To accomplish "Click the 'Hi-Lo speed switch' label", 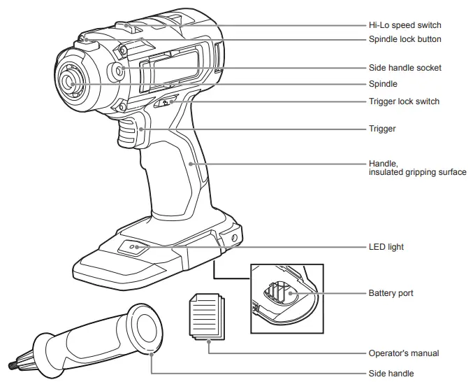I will [x=405, y=25].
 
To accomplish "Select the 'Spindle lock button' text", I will [x=405, y=39].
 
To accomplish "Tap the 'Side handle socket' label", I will [x=405, y=68].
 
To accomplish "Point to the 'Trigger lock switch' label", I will [x=404, y=101].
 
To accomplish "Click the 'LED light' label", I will [x=386, y=247].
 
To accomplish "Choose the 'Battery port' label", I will [x=391, y=292].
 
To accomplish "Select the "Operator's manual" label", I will [x=404, y=353].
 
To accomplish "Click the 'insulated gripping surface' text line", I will [x=417, y=172].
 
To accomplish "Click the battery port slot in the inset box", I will [x=277, y=292].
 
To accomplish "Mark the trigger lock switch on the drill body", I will [x=166, y=102].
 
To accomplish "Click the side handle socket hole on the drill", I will [x=119, y=71].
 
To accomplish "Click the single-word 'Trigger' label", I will [x=382, y=129].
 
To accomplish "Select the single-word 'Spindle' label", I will [x=383, y=84].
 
